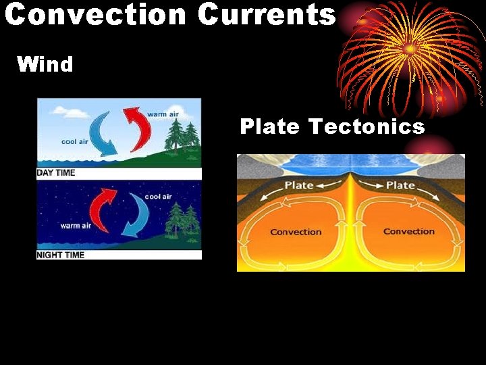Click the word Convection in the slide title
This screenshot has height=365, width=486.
coord(95,14)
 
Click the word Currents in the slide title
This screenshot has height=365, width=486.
coord(267,14)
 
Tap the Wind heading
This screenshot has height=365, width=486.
coord(45,64)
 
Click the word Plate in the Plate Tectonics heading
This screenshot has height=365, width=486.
coord(270,126)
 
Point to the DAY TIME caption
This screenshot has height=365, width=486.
coord(56,173)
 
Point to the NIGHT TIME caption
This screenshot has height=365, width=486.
coord(60,255)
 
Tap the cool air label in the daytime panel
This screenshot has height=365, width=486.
coord(74,142)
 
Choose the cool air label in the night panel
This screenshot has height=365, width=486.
coord(159,196)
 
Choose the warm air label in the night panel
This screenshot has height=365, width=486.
coord(76,226)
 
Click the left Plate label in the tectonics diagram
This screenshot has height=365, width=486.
coord(299,185)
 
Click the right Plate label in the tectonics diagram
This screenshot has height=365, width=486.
coord(400,185)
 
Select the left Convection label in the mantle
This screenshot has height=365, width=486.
coord(296,232)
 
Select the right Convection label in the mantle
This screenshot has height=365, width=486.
coord(409,231)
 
